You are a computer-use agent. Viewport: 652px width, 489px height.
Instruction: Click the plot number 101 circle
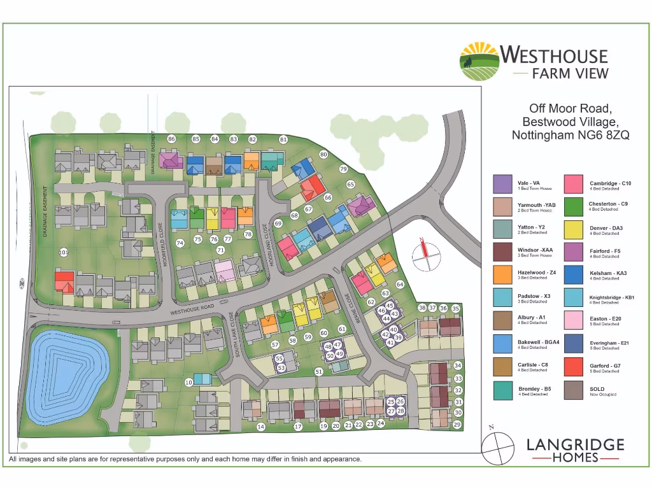tap(63, 253)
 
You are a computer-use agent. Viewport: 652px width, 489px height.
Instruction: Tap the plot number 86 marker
tap(171, 139)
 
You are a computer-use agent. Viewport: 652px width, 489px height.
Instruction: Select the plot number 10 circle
tap(188, 382)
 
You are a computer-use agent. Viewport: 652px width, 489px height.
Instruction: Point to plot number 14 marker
tap(260, 427)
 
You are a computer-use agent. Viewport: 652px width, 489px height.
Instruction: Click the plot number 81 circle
tap(283, 139)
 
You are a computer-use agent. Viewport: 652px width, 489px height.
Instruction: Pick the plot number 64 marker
tap(400, 284)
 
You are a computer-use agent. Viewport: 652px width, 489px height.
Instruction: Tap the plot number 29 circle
tap(457, 425)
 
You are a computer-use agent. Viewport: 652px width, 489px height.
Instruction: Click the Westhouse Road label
tap(198, 308)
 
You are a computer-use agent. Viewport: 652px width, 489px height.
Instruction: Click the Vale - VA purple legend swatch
tap(502, 184)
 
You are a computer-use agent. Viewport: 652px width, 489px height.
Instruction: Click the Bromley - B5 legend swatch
tap(502, 390)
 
